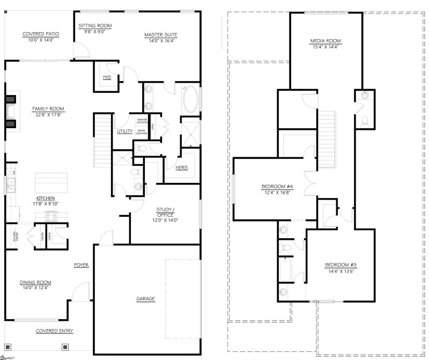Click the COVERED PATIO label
(x=41, y=34)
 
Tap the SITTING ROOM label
(x=95, y=25)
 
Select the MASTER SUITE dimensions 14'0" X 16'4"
(x=160, y=40)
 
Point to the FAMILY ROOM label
(x=48, y=108)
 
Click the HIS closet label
(x=106, y=78)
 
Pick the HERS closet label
(x=182, y=167)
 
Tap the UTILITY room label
(x=125, y=131)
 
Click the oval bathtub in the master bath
(x=190, y=100)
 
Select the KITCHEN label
(x=46, y=198)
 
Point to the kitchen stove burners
(x=50, y=216)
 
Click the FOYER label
(x=82, y=265)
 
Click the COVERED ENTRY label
(x=55, y=331)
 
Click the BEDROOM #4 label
(x=275, y=187)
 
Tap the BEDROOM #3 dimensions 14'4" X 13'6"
(x=340, y=271)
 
